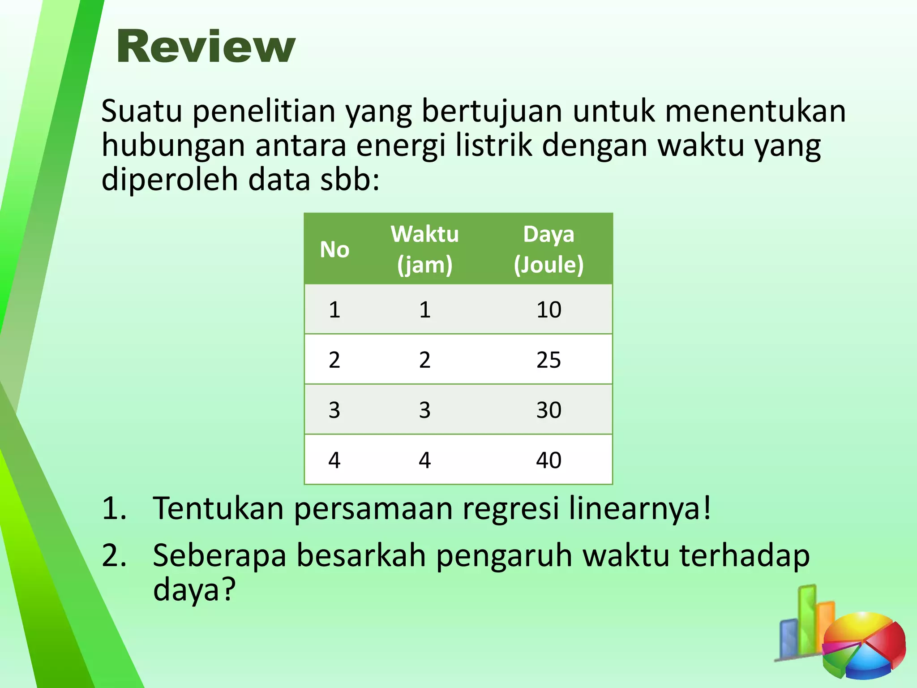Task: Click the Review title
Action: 206,47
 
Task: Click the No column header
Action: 334,249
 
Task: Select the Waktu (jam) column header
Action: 425,249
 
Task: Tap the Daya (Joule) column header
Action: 548,249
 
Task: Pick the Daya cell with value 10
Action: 548,310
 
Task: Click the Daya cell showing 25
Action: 548,360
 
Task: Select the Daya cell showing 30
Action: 548,410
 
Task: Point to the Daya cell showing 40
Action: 548,460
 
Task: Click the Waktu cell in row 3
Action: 425,410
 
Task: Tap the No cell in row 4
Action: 334,460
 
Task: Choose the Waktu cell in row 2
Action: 425,360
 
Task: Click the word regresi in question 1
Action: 510,509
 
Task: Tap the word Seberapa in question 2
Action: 219,555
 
